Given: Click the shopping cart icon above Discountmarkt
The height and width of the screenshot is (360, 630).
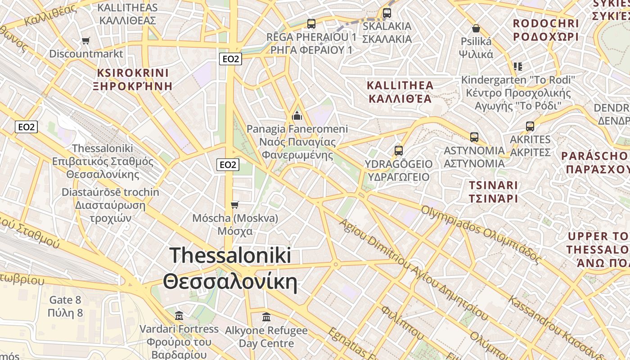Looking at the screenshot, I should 85,41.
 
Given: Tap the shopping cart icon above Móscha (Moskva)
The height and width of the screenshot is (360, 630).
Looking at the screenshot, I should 234,205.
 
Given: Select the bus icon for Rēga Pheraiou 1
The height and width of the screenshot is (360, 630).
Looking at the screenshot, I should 311,24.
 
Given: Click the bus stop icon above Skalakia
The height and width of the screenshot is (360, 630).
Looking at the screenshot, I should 387,13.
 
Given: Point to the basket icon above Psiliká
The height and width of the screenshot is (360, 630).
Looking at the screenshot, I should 476,29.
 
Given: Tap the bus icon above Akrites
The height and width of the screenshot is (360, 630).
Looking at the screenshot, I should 530,126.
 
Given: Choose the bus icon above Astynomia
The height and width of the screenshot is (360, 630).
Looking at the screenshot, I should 474,137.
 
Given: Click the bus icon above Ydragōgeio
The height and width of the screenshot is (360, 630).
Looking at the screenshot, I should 398,151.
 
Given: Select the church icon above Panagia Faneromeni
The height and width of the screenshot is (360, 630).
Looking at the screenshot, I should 297,116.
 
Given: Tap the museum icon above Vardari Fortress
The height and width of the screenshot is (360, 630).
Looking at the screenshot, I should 179,315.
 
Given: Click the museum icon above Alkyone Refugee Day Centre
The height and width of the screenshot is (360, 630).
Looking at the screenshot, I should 266,317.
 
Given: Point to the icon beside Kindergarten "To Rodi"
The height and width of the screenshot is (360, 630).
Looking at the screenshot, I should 518,67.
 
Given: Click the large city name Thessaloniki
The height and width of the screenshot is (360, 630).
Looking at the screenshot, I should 230,256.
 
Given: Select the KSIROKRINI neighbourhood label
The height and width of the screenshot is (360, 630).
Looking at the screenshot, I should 133,73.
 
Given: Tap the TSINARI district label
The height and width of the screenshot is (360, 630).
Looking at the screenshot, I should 493,185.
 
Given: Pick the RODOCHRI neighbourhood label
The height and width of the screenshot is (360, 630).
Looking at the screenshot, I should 545,23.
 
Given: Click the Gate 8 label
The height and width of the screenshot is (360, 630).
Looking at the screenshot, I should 65,300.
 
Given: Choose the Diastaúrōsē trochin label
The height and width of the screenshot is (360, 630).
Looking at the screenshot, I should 110,192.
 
